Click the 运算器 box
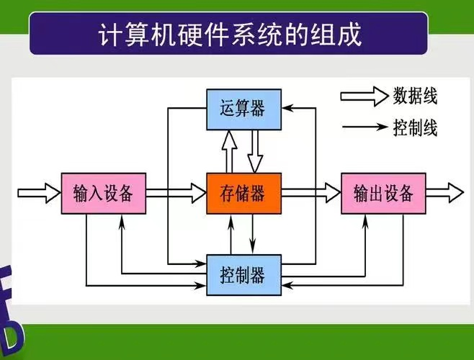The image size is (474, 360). pyautogui.click(x=243, y=109)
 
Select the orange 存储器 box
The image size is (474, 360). pyautogui.click(x=243, y=194)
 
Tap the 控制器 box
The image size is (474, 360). pyautogui.click(x=243, y=275)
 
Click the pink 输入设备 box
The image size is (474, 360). pyautogui.click(x=104, y=194)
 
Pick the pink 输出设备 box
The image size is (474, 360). pyautogui.click(x=384, y=194)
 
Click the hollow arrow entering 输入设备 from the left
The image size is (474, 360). pyautogui.click(x=39, y=193)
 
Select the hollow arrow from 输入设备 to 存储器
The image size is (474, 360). pyautogui.click(x=176, y=193)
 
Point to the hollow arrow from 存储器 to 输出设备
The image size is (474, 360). pyautogui.click(x=311, y=193)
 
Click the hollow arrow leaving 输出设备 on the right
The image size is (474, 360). pyautogui.click(x=444, y=193)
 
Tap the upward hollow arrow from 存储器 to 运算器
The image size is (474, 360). pyautogui.click(x=230, y=152)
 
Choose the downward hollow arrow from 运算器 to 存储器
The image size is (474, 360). pyautogui.click(x=255, y=152)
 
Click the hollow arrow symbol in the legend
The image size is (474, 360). pyautogui.click(x=365, y=96)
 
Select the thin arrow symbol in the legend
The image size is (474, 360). pyautogui.click(x=365, y=127)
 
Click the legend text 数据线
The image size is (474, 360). pyautogui.click(x=415, y=96)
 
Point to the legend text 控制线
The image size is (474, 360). pyautogui.click(x=415, y=127)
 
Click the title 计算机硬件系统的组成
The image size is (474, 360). pyautogui.click(x=230, y=35)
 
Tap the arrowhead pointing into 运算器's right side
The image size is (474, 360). pyautogui.click(x=287, y=108)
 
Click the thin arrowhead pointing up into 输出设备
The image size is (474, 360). pyautogui.click(x=365, y=221)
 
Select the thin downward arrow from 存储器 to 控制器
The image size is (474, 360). pyautogui.click(x=253, y=234)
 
